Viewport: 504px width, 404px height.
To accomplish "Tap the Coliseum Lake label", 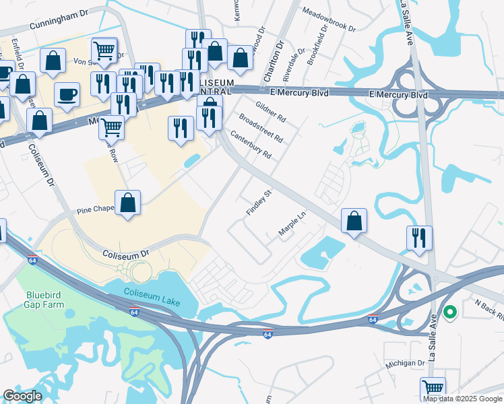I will point(152,296).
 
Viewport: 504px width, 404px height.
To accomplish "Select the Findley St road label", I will point(258,203).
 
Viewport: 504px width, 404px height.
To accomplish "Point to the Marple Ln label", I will point(292,224).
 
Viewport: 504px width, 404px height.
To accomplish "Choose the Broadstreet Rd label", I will point(261,128).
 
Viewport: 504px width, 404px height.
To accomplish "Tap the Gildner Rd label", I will point(271,112).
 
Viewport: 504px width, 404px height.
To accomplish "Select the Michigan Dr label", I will point(406,363).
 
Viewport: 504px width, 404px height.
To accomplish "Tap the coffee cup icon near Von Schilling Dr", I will point(67,94).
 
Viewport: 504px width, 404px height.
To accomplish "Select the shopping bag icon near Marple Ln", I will point(354,220).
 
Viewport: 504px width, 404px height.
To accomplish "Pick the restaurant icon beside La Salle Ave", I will point(418,238).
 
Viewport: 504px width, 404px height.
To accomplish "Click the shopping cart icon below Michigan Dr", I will point(433,389).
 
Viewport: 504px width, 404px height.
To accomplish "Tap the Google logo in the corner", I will point(22,396).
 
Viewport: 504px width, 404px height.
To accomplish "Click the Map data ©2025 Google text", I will point(462,399).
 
